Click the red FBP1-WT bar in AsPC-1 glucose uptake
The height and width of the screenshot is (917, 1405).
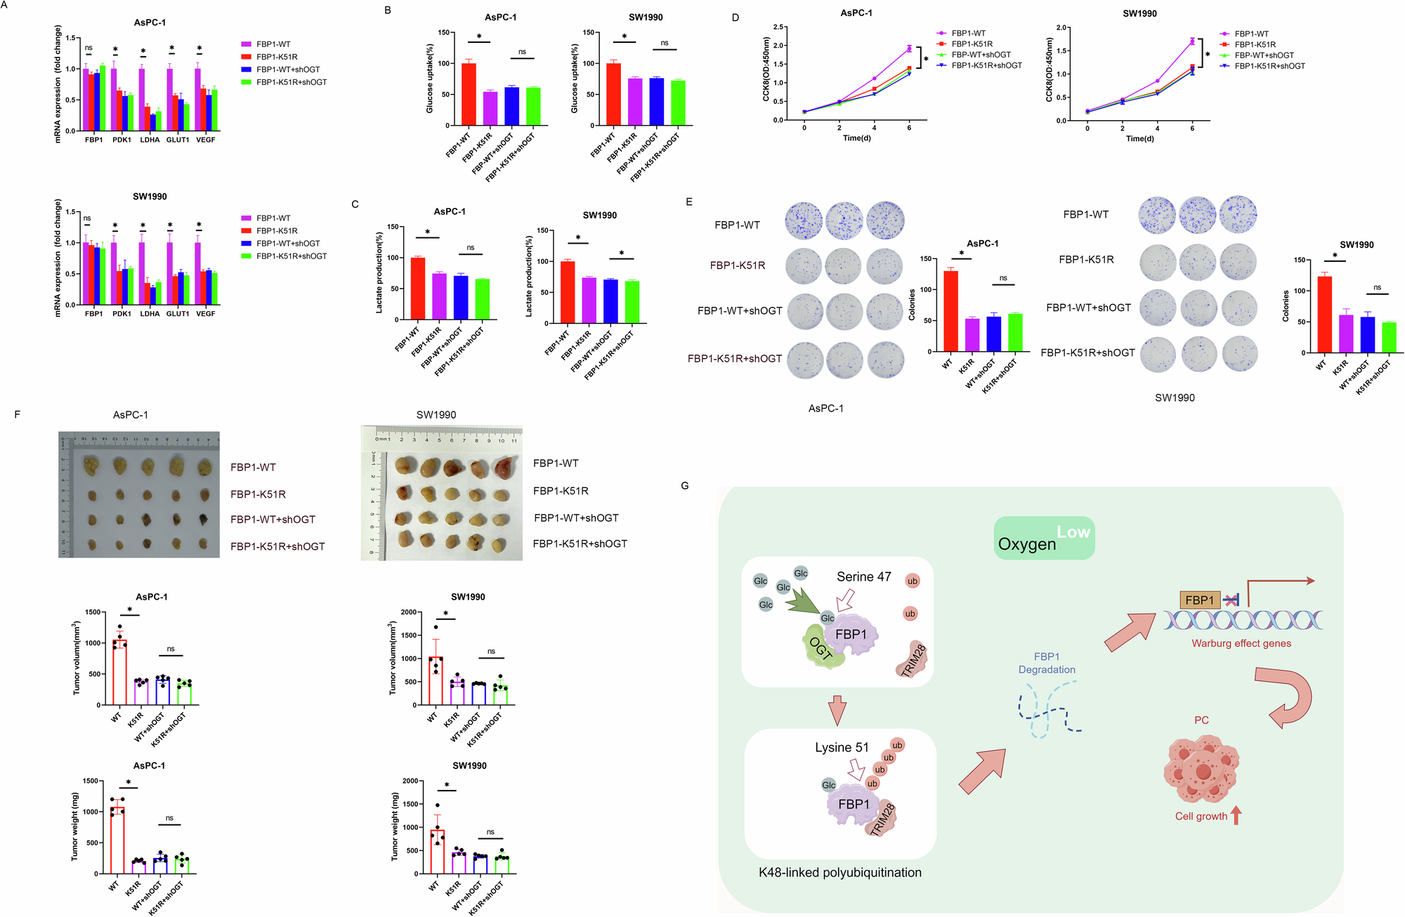pyautogui.click(x=469, y=94)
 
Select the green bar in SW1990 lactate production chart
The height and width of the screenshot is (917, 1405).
pyautogui.click(x=632, y=302)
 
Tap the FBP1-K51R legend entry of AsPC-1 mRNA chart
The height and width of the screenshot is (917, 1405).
pyautogui.click(x=277, y=57)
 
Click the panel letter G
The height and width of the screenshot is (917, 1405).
pyautogui.click(x=685, y=486)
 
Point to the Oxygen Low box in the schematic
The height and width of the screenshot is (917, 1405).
pyautogui.click(x=1044, y=539)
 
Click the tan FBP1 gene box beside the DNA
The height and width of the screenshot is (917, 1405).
pyautogui.click(x=1199, y=600)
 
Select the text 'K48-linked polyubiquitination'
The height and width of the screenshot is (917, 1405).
pyautogui.click(x=840, y=873)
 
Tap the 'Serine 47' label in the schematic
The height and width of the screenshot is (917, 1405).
pyautogui.click(x=863, y=577)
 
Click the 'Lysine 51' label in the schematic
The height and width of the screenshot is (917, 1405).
pyautogui.click(x=842, y=748)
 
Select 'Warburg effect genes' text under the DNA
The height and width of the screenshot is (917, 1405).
pyautogui.click(x=1241, y=643)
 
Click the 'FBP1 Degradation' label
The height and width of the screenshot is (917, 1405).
pyautogui.click(x=1047, y=663)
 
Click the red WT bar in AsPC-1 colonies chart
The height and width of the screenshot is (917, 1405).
pyautogui.click(x=950, y=311)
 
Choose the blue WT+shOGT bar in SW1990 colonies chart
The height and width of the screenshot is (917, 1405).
pyautogui.click(x=1367, y=335)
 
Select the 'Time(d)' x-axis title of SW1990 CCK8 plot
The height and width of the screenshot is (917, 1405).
pyautogui.click(x=1139, y=139)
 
